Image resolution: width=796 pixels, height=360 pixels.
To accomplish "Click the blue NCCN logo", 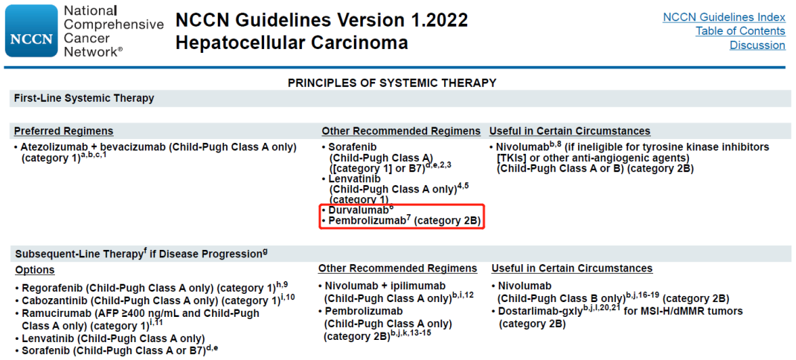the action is pyautogui.click(x=31, y=31).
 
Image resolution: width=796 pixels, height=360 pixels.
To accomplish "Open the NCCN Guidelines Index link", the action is pyautogui.click(x=724, y=17).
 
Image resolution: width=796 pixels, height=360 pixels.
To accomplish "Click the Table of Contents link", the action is pyautogui.click(x=740, y=31).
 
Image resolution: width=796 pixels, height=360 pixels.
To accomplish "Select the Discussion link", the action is pyautogui.click(x=757, y=45).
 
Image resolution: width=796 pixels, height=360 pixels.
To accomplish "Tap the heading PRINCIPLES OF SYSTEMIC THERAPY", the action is pyautogui.click(x=392, y=83).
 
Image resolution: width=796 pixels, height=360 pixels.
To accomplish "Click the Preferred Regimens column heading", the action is pyautogui.click(x=64, y=131).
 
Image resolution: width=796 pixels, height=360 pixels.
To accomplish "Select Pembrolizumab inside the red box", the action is pyautogui.click(x=367, y=221).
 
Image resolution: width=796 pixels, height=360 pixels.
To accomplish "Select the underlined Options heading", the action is pyautogui.click(x=35, y=270).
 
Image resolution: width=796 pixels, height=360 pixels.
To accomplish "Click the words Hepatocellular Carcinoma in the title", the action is pyautogui.click(x=292, y=42).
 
